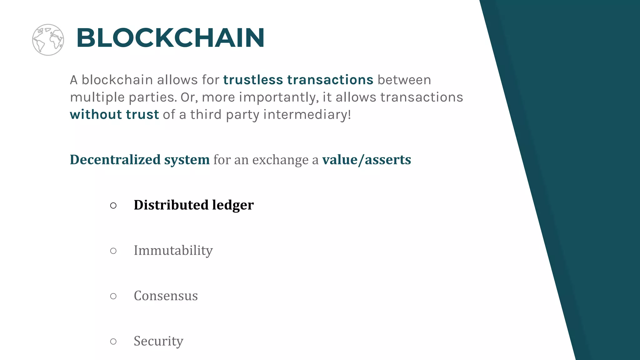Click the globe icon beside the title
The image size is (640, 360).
point(48,40)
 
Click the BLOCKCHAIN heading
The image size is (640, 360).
point(170,38)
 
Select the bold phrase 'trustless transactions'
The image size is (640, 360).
point(298,80)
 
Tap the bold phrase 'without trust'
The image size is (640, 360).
point(114,115)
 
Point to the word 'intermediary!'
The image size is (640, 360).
point(307,115)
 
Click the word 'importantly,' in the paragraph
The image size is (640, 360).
point(279,97)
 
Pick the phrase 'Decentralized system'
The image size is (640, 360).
point(140,160)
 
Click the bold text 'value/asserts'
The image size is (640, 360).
point(367,160)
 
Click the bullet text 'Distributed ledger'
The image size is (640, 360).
point(194,205)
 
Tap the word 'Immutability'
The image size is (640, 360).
point(173,250)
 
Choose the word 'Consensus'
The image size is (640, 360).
point(166,296)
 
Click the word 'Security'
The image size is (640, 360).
point(158,341)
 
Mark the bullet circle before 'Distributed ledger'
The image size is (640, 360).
point(113,206)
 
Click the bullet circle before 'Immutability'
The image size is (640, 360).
point(113,251)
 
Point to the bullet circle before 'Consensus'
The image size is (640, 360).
point(113,296)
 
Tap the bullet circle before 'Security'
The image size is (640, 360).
point(113,342)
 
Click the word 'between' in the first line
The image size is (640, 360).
point(404,80)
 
